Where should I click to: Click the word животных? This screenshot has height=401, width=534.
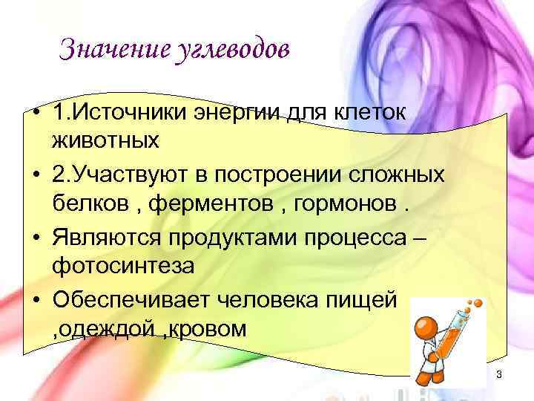[105, 140]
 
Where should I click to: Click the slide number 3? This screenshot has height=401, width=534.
[499, 374]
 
